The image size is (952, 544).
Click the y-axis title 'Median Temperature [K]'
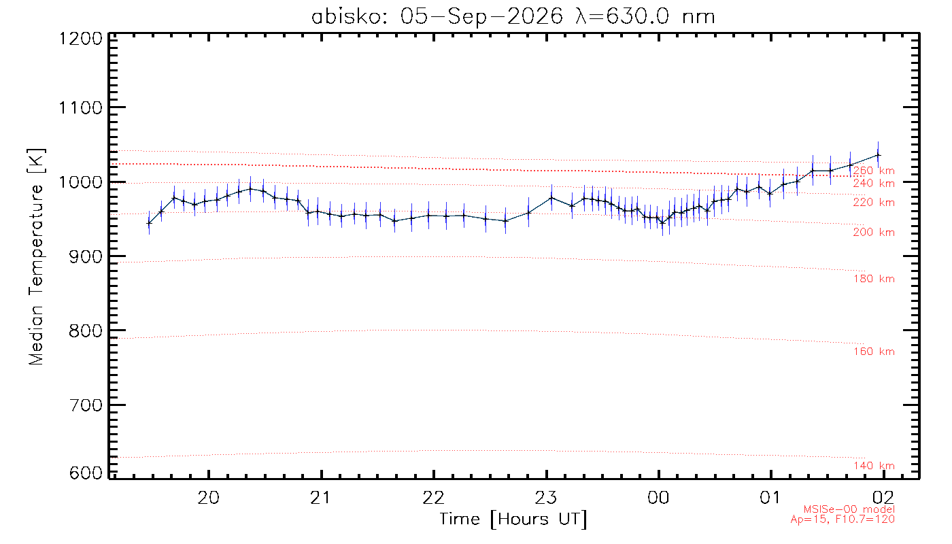point(36,257)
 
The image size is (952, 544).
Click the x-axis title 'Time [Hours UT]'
point(513,520)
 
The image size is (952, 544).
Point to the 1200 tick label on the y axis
point(81,39)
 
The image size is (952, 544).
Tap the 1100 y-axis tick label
point(81,108)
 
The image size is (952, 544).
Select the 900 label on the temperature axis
point(86,257)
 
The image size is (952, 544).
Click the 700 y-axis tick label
point(86,405)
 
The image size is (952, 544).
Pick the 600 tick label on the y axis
point(86,473)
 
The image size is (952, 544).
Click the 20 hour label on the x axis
point(209,498)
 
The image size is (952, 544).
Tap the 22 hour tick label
point(434,498)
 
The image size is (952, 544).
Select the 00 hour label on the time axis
point(658,498)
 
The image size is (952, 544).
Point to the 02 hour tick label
point(883,498)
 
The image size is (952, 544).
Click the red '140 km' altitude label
point(874,466)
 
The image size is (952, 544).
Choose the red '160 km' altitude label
point(874,352)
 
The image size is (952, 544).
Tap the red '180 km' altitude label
point(874,279)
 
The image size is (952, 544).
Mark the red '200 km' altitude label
point(874,233)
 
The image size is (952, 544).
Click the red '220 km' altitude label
point(874,203)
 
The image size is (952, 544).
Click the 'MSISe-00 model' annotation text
point(849,509)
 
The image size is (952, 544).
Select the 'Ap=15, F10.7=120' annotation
point(843,520)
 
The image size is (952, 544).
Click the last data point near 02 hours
point(878,156)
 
